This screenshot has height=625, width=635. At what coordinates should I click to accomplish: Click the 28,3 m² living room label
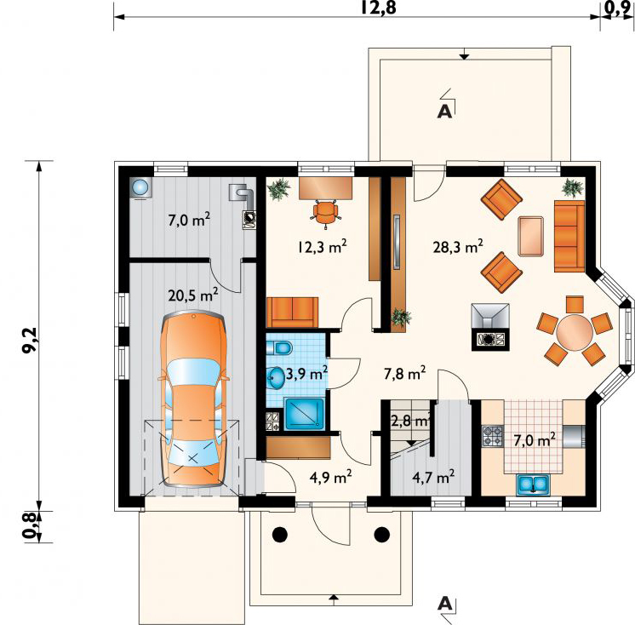point(458,246)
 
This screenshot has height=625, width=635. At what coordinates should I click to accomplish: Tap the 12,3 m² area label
point(322,246)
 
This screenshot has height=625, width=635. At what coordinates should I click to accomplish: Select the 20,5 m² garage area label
point(193,295)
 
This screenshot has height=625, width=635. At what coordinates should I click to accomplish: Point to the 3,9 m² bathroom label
point(306,374)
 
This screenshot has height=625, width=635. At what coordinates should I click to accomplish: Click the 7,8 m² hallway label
point(404,373)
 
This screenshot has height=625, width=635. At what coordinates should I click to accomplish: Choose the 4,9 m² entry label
point(330,477)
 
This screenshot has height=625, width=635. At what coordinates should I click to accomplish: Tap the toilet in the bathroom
point(279,347)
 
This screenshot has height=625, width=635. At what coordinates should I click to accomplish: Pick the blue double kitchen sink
point(533,485)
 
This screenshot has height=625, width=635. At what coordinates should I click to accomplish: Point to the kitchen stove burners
point(493,436)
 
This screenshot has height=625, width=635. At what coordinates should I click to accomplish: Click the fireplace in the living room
point(490,326)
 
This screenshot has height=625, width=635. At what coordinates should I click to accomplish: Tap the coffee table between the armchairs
point(530,236)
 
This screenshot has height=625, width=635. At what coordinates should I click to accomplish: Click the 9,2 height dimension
point(31,341)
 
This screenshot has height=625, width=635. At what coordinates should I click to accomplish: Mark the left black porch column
point(279,535)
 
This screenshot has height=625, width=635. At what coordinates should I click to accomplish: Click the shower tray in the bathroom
point(305,414)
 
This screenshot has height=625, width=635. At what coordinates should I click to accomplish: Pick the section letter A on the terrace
point(444,111)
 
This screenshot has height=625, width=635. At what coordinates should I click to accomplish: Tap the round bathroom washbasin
point(276,378)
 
